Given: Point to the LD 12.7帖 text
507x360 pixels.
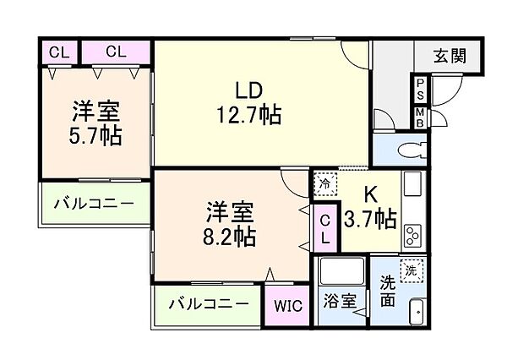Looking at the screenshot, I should pyautogui.click(x=247, y=101).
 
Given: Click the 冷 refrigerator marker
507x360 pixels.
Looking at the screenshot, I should pyautogui.click(x=324, y=183).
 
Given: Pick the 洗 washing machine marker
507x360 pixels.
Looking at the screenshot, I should pyautogui.click(x=411, y=271).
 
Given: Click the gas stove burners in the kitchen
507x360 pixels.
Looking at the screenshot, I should pyautogui.click(x=413, y=232).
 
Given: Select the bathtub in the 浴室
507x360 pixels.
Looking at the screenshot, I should pyautogui.click(x=340, y=275).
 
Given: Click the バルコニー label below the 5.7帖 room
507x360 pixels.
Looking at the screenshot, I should pyautogui.click(x=94, y=204).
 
